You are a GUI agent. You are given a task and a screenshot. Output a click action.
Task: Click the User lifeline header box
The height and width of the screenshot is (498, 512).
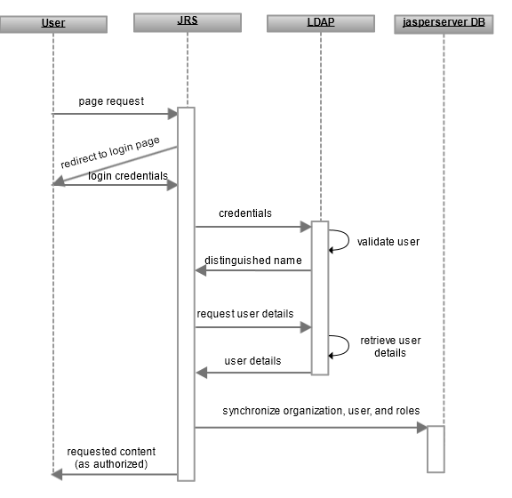[x=53, y=25]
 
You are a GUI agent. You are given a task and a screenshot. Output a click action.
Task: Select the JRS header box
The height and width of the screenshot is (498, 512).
[x=188, y=22]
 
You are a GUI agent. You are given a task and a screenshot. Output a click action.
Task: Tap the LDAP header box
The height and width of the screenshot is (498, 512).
[x=321, y=23]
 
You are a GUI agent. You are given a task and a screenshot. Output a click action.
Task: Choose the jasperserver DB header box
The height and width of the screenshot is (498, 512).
[x=444, y=24]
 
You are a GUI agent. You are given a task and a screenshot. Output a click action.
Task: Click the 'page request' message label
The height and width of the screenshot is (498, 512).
[x=111, y=101]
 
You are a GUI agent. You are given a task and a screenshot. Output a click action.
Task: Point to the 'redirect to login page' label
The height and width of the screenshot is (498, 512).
[x=110, y=152]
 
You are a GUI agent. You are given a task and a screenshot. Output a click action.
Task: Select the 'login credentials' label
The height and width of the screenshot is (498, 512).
[x=128, y=176]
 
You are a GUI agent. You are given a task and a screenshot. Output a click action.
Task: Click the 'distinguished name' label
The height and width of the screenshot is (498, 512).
[x=253, y=260]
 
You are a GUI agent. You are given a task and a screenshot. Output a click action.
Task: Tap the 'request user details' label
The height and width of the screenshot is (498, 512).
[x=245, y=314]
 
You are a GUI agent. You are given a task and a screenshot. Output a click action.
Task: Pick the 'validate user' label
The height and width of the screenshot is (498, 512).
[x=388, y=242]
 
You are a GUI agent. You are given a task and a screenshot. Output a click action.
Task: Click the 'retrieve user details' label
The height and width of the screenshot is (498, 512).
[x=390, y=347]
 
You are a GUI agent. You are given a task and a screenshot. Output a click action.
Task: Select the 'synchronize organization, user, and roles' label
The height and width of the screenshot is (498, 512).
[x=321, y=411]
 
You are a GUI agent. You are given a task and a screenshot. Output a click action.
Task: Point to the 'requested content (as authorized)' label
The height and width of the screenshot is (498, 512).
[x=111, y=458]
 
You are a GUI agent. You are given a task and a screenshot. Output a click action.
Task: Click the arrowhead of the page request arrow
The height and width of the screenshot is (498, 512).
[x=172, y=114]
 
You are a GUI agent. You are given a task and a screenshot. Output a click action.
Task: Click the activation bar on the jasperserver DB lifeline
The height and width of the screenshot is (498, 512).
[x=436, y=449]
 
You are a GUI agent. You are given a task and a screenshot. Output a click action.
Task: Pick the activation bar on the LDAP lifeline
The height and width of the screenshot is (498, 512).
[x=320, y=298]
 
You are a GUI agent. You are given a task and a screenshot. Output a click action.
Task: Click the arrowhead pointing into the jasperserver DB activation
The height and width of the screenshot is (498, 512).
[x=422, y=428]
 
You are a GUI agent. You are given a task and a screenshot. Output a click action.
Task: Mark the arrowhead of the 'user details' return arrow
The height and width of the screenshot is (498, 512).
[x=202, y=373]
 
